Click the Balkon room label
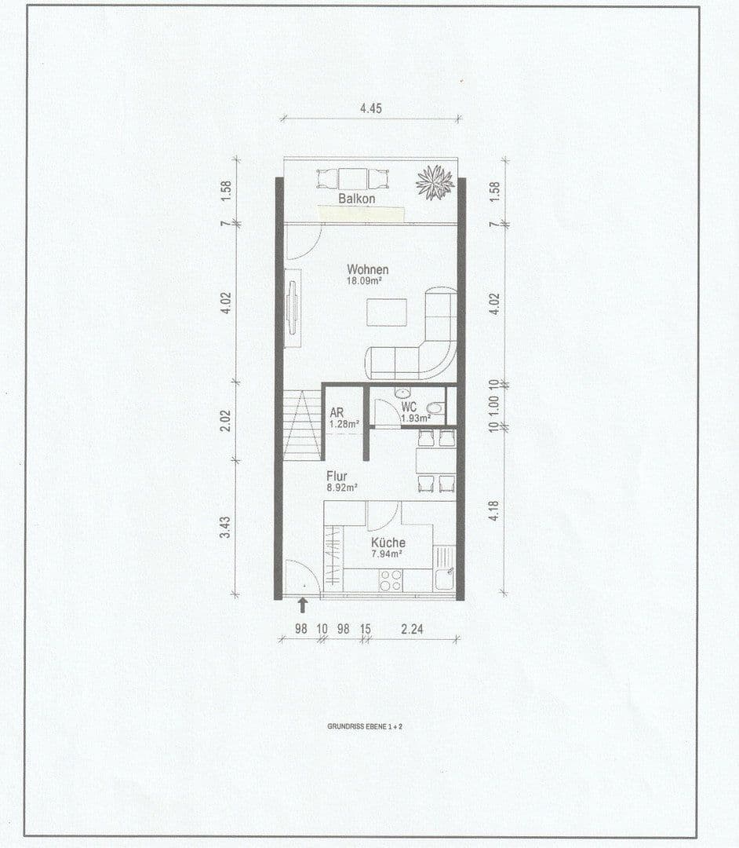click(357, 199)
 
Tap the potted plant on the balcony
click(435, 182)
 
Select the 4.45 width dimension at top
click(370, 109)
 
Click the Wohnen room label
click(368, 269)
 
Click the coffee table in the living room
click(387, 312)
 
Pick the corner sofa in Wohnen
click(424, 345)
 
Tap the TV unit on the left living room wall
click(292, 308)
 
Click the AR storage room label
click(337, 412)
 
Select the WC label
click(409, 408)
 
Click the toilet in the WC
click(435, 408)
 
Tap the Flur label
click(337, 476)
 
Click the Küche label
click(388, 543)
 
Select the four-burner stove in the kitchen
click(391, 579)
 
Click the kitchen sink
click(444, 567)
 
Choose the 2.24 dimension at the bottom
click(418, 630)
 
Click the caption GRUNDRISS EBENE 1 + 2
click(365, 726)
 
